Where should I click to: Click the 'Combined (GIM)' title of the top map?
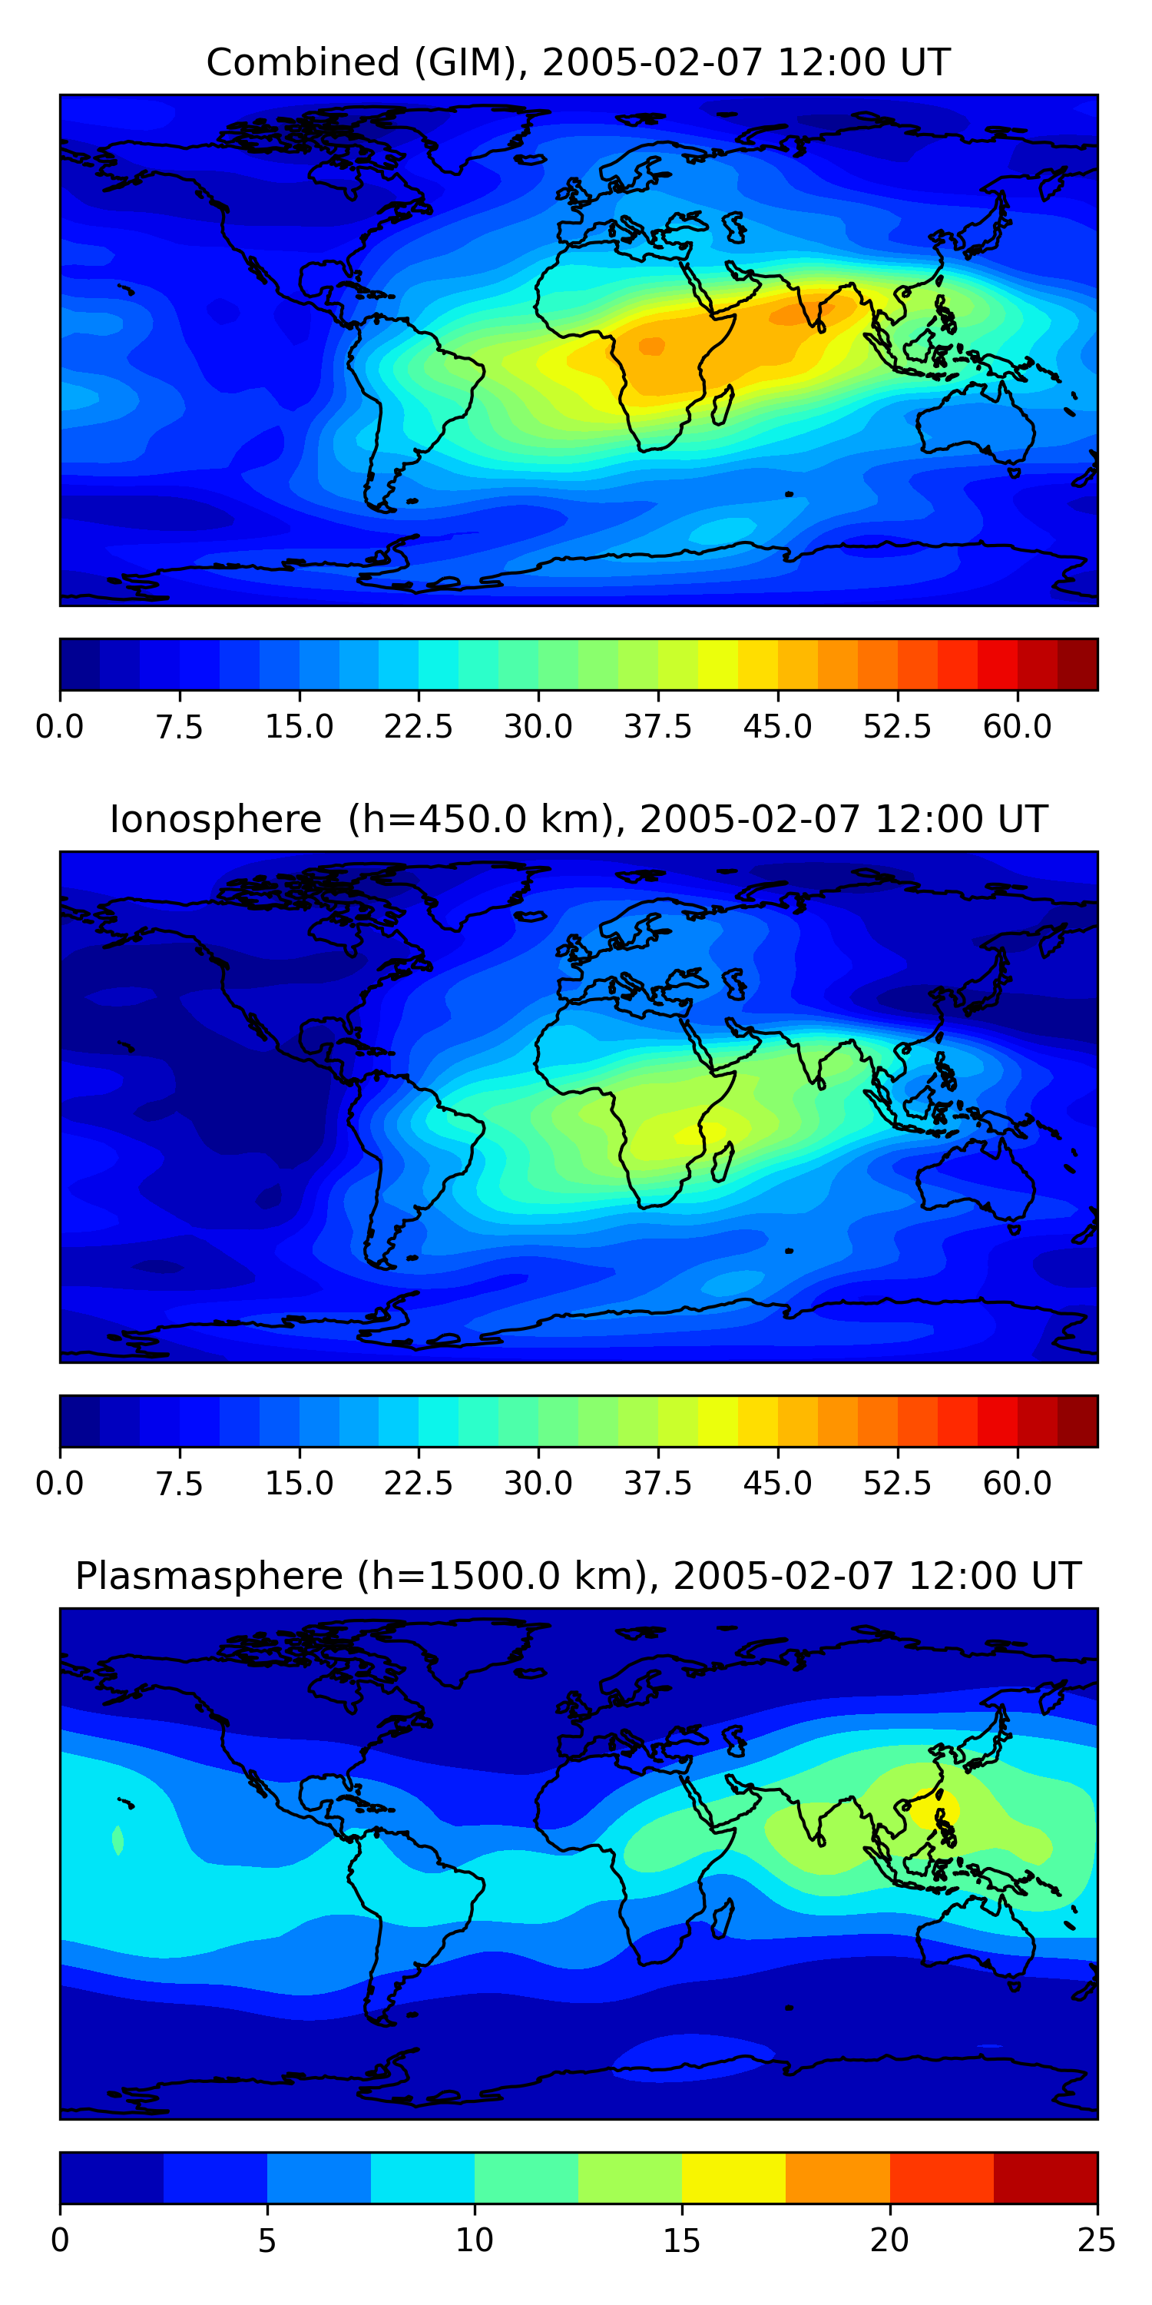click(366, 63)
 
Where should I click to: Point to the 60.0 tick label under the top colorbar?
click(1017, 727)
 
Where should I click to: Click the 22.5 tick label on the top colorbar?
click(419, 727)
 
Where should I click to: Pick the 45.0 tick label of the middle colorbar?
click(777, 1484)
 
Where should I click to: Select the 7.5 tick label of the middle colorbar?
click(179, 1484)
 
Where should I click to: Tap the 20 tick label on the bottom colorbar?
click(889, 2240)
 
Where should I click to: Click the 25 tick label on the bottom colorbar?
click(1097, 2240)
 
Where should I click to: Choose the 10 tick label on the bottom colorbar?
click(474, 2240)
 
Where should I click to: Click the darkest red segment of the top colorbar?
click(1078, 665)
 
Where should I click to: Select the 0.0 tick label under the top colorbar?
click(60, 727)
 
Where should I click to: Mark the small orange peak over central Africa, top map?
click(651, 346)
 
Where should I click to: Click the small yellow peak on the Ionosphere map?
click(690, 1135)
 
